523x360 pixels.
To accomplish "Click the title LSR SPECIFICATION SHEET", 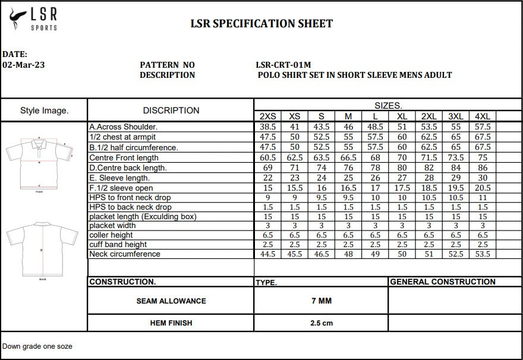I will pyautogui.click(x=261, y=24).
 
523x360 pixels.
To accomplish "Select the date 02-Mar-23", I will pyautogui.click(x=24, y=65).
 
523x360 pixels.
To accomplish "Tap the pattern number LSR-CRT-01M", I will pyautogui.click(x=283, y=65).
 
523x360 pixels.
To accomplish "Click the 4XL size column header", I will pyautogui.click(x=483, y=116).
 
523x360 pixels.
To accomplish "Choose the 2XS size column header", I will pyautogui.click(x=268, y=116).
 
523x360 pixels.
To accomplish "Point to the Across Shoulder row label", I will pyautogui.click(x=124, y=127).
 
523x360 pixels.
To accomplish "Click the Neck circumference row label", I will pyautogui.click(x=125, y=254).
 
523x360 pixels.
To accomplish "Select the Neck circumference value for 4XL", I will pyautogui.click(x=483, y=254).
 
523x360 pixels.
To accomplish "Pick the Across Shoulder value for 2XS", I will pyautogui.click(x=268, y=127).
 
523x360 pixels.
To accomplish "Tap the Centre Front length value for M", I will pyautogui.click(x=348, y=157).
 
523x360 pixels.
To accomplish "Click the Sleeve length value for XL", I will pyautogui.click(x=402, y=178).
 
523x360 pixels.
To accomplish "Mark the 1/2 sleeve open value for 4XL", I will pyautogui.click(x=483, y=188).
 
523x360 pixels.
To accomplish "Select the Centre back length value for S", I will pyautogui.click(x=322, y=168).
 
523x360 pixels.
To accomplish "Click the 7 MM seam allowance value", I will pyautogui.click(x=322, y=301).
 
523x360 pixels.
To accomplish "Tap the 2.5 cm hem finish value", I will pyautogui.click(x=322, y=323).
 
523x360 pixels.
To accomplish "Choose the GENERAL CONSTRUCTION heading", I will pyautogui.click(x=443, y=282).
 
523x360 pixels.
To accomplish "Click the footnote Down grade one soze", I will pyautogui.click(x=37, y=346).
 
